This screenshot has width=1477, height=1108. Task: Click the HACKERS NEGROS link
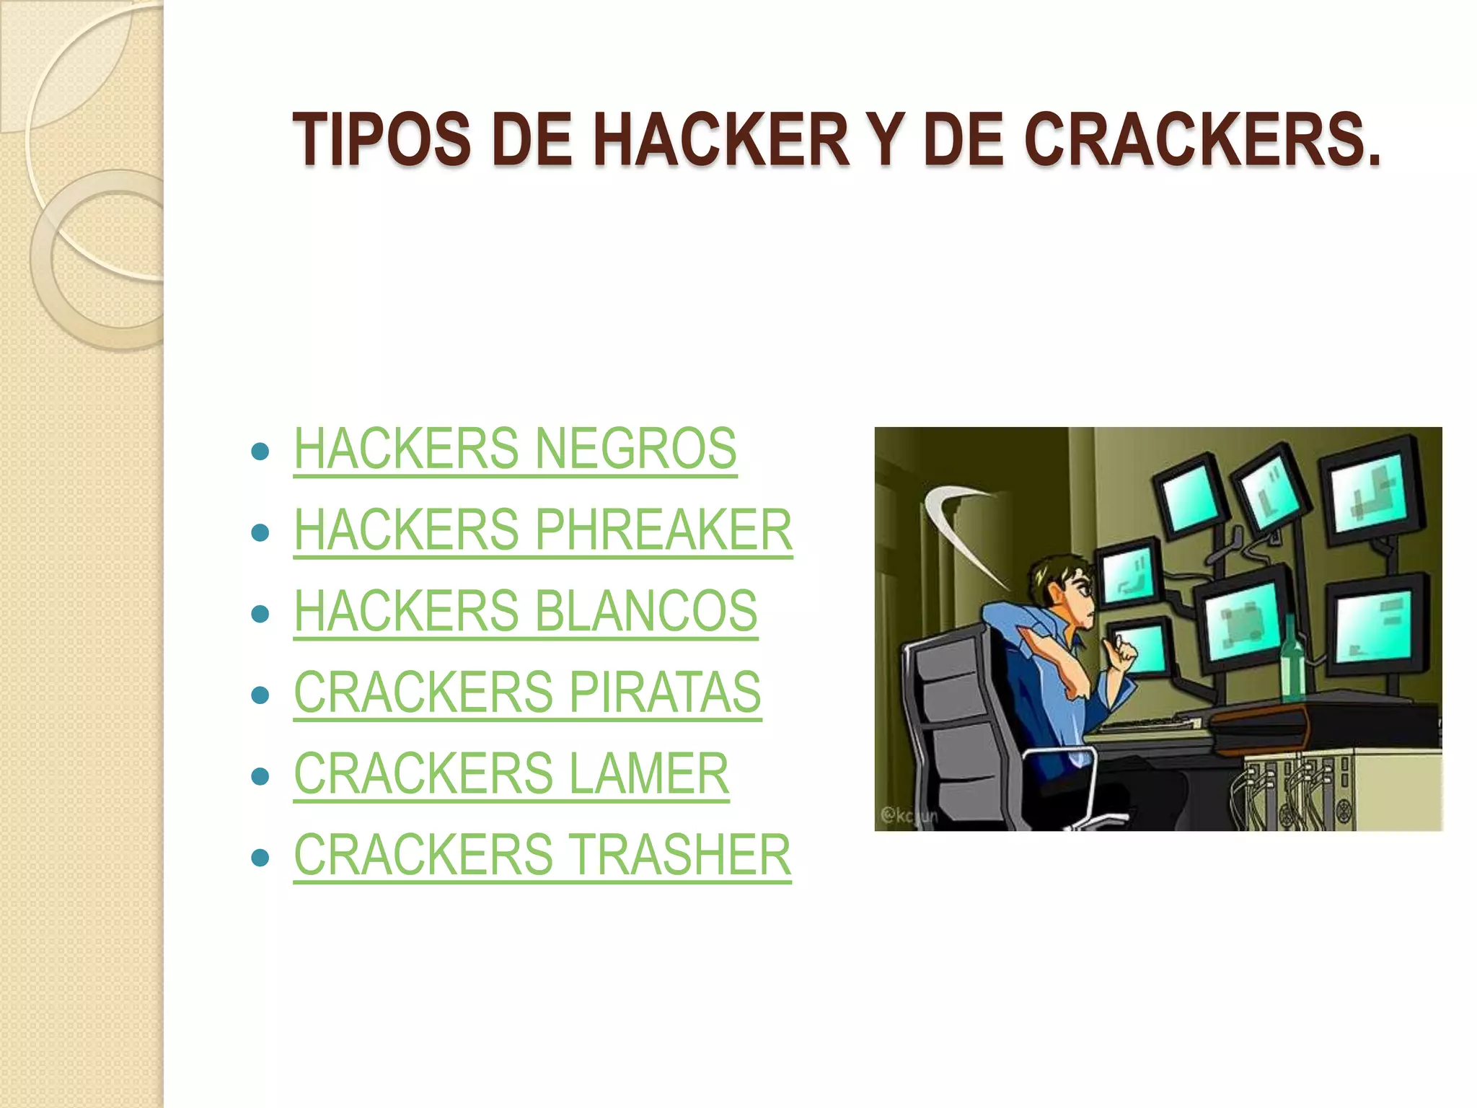pos(515,449)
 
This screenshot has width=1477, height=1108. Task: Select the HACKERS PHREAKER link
pos(542,530)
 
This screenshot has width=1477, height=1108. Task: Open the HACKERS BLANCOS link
pos(525,611)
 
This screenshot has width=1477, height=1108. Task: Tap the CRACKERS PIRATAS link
pos(527,692)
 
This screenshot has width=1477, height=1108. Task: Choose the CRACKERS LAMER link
pos(511,773)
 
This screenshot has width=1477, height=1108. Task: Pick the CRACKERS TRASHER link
pos(542,855)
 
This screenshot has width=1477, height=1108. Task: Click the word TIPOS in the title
pos(382,140)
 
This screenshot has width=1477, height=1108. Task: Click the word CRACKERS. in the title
pos(1202,140)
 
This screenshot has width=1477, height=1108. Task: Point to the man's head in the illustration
pos(1064,588)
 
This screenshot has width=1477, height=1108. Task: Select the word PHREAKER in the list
pos(663,530)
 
